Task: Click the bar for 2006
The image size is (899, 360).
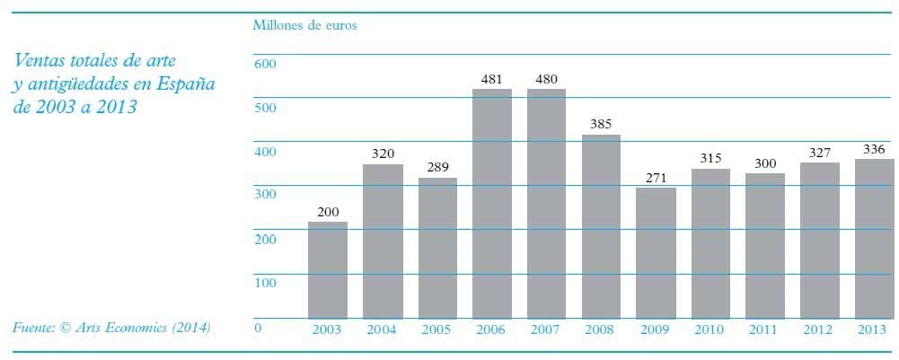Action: [491, 204]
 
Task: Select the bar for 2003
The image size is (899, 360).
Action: [327, 270]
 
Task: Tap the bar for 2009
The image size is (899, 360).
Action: [656, 253]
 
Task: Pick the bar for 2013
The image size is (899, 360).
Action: [874, 239]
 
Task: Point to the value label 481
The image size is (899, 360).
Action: [491, 79]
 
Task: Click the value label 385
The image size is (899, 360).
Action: [601, 124]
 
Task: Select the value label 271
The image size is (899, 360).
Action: [656, 177]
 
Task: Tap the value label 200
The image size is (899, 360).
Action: [327, 212]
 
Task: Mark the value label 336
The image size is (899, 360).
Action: [874, 148]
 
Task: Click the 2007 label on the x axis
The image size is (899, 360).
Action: [546, 330]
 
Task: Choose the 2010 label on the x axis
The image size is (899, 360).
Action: [710, 330]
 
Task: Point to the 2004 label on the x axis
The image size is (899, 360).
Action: [382, 330]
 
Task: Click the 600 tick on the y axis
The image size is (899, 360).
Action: [265, 65]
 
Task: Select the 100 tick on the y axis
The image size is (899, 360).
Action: [265, 283]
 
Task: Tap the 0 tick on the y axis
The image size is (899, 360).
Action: [258, 328]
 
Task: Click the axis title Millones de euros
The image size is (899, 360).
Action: [305, 25]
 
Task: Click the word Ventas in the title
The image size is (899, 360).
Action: [40, 61]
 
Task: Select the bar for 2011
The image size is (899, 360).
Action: [764, 246]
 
